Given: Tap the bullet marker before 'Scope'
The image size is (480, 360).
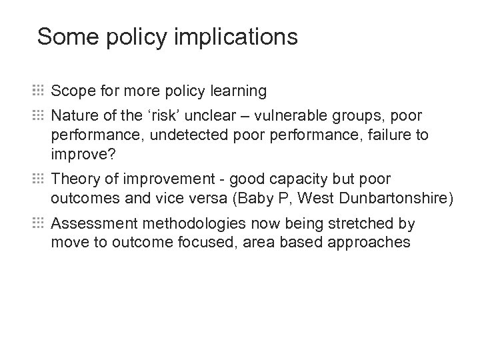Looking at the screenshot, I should tap(37, 90).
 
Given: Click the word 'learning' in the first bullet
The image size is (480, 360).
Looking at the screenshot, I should tap(239, 91).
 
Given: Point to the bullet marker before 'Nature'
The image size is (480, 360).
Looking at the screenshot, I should tap(37, 116).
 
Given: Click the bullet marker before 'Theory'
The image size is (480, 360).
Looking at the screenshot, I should tap(37, 179).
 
